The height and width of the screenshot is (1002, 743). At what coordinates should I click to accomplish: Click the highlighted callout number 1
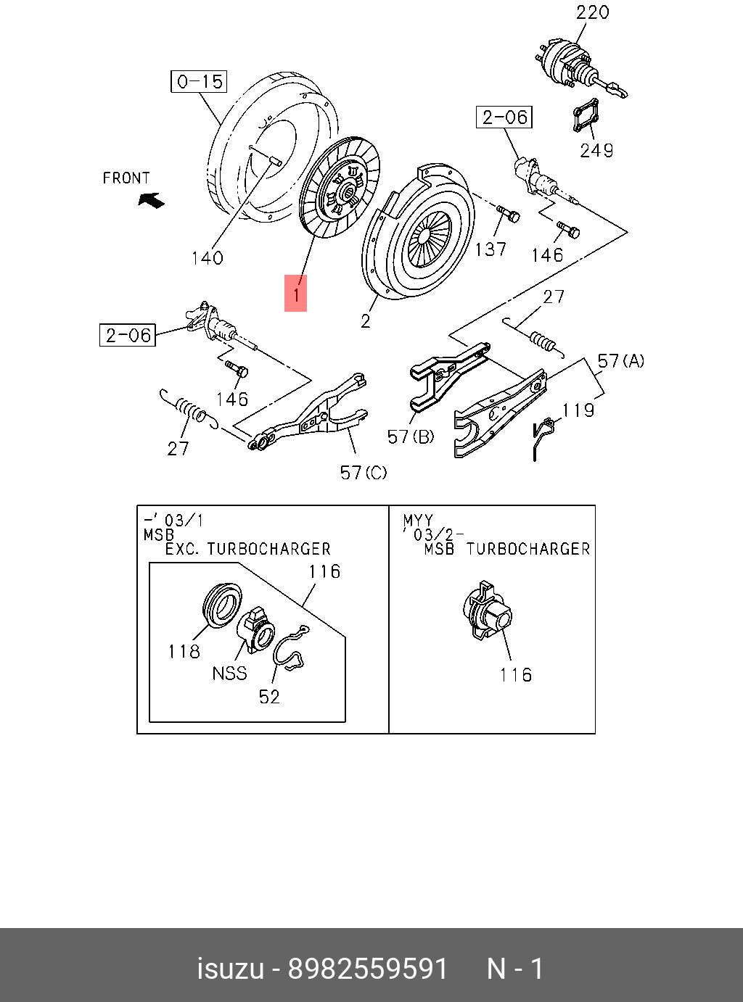(295, 293)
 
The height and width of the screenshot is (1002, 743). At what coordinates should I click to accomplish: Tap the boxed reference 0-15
(199, 81)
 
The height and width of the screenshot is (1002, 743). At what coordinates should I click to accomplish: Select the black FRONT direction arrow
(152, 199)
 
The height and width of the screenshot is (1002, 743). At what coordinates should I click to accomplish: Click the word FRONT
(126, 178)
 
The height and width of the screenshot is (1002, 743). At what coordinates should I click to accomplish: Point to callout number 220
(592, 12)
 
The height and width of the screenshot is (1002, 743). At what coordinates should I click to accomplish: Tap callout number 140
(207, 258)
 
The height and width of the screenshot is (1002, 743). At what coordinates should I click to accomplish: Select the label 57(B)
(411, 436)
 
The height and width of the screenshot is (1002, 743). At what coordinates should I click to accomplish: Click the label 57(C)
(364, 473)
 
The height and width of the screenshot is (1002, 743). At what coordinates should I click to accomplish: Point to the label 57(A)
(620, 361)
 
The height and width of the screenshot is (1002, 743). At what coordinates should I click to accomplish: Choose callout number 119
(578, 410)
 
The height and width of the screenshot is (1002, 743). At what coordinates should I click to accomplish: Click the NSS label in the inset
(229, 674)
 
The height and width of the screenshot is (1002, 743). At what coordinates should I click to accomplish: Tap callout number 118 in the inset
(184, 652)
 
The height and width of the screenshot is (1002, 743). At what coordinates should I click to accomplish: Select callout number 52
(269, 697)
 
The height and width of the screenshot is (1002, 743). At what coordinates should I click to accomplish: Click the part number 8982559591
(368, 969)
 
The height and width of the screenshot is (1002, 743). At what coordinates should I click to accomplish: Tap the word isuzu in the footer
(230, 969)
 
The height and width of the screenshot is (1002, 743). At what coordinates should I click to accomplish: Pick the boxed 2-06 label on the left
(128, 335)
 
